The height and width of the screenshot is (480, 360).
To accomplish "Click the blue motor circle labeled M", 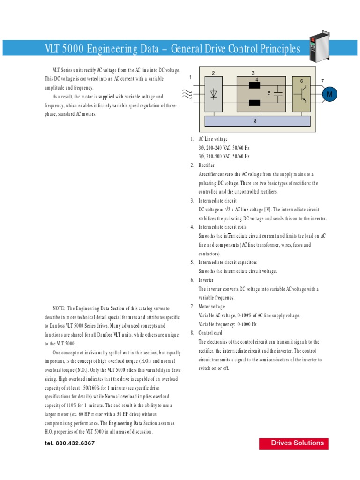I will point(330,95).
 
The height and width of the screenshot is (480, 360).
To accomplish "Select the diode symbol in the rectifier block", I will point(214,94).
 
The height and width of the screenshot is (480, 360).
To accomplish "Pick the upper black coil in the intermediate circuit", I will point(255,86).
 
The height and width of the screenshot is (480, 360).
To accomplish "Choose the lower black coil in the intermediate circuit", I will point(255,103).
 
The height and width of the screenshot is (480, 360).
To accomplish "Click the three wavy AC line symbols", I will point(187,95).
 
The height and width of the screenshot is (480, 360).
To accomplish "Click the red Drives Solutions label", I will point(294,443).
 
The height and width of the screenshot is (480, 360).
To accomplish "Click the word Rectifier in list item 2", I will point(207,165).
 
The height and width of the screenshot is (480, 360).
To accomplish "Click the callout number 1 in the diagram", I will point(190,77).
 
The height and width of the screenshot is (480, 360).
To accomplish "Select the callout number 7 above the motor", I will point(322,82).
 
